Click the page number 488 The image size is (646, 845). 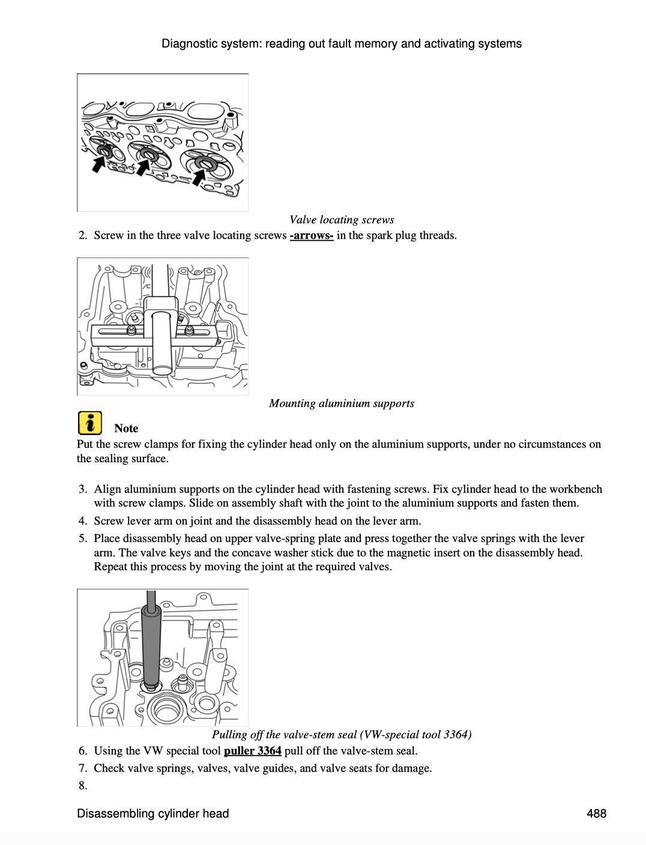click(597, 814)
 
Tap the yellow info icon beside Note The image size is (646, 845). click(89, 423)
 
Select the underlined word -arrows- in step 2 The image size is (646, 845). click(311, 235)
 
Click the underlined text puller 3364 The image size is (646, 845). click(252, 751)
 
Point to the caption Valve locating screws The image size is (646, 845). click(342, 220)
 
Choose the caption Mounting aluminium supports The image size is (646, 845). click(342, 403)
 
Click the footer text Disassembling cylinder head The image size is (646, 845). click(153, 814)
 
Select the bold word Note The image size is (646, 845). click(126, 429)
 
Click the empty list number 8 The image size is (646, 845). click(83, 786)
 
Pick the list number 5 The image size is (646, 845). click(83, 538)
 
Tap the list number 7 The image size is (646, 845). click(83, 768)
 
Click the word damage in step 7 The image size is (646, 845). click(412, 768)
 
